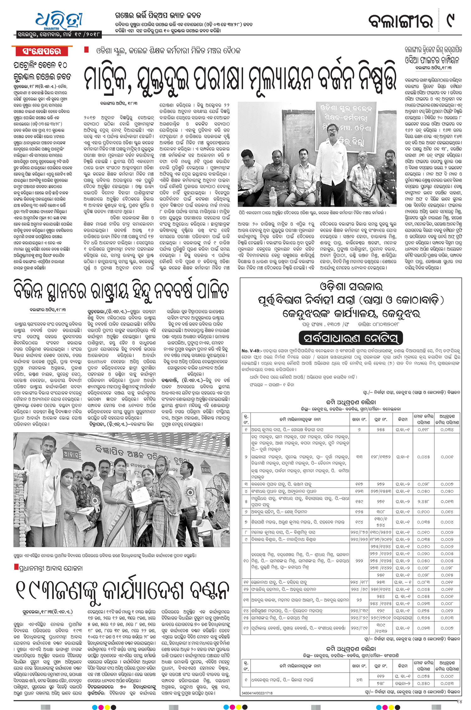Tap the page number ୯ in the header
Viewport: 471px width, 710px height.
point(451,21)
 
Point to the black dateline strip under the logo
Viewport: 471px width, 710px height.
point(58,34)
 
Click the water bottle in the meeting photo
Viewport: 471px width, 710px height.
point(273,196)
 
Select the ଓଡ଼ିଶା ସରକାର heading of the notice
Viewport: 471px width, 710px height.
point(351,287)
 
